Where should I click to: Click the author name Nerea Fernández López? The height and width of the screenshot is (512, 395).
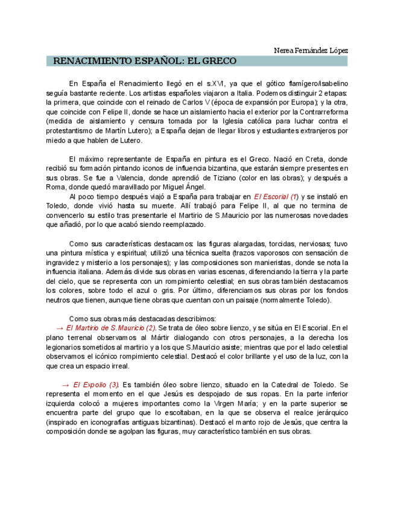[x=311, y=51]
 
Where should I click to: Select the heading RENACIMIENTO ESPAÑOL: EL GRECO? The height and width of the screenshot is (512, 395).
[x=145, y=61]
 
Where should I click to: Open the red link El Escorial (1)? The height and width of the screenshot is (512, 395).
[x=276, y=197]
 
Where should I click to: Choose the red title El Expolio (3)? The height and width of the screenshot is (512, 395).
[x=96, y=385]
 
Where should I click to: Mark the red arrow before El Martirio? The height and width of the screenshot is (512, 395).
[x=58, y=328]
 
